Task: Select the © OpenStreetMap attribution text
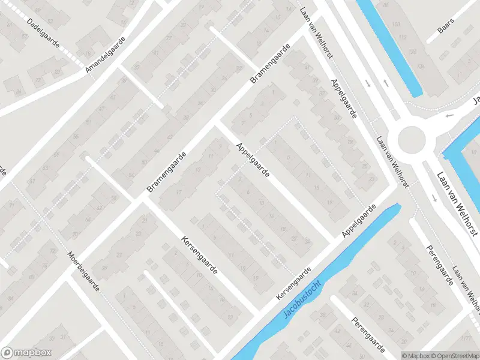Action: point(455,356)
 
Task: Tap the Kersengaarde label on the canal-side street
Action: point(294,284)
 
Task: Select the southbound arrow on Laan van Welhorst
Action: point(368,83)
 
